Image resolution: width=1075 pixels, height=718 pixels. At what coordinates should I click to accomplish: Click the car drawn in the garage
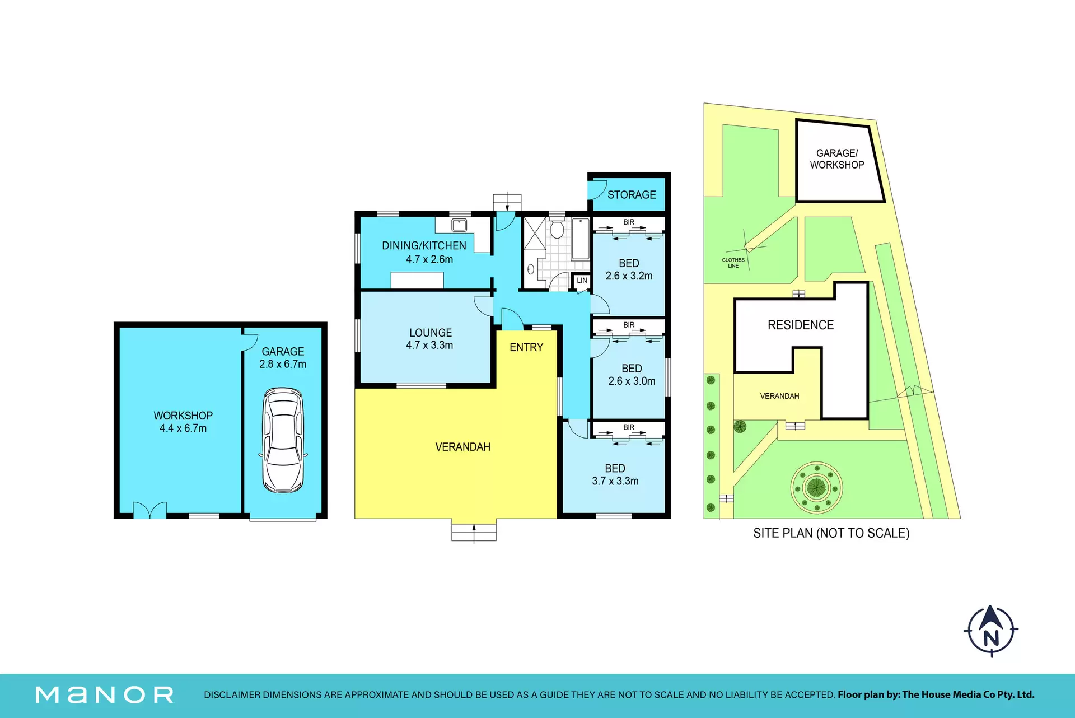tap(283, 440)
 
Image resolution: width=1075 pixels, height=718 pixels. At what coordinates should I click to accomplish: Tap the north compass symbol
tap(991, 631)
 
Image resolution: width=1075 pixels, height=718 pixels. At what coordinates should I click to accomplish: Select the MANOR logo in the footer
tap(105, 695)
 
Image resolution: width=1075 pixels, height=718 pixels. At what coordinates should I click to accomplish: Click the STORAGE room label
tap(632, 195)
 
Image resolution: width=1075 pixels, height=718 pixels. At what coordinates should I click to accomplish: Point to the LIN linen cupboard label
tap(582, 281)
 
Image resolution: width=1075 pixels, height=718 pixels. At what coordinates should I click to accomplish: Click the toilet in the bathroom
tap(557, 228)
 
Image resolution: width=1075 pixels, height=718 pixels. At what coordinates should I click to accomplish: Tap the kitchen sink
tap(459, 225)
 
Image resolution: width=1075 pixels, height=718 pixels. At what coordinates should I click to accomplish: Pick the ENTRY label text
tap(526, 347)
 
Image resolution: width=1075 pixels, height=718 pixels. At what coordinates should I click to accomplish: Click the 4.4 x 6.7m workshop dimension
tap(183, 428)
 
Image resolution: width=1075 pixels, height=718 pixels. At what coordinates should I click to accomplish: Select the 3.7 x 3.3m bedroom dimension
tap(615, 481)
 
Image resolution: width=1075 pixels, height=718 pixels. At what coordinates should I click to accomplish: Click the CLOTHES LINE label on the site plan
tap(733, 263)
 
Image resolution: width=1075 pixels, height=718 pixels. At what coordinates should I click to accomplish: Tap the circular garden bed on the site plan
tap(817, 487)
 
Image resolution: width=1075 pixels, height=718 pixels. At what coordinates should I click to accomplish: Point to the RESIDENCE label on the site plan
tap(801, 325)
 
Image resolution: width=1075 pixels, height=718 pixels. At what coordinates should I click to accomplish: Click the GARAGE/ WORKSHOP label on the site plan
tap(837, 159)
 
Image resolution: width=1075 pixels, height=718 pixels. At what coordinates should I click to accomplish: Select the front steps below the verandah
tap(474, 530)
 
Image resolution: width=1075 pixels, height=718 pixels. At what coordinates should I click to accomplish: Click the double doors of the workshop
tap(149, 510)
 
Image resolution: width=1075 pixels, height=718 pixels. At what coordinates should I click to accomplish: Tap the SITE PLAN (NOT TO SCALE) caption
tap(831, 533)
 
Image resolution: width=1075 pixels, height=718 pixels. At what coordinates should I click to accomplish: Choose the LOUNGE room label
tap(431, 333)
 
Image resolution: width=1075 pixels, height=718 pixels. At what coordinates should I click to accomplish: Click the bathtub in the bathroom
tap(581, 239)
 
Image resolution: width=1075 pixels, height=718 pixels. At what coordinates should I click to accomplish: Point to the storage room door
tap(597, 190)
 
